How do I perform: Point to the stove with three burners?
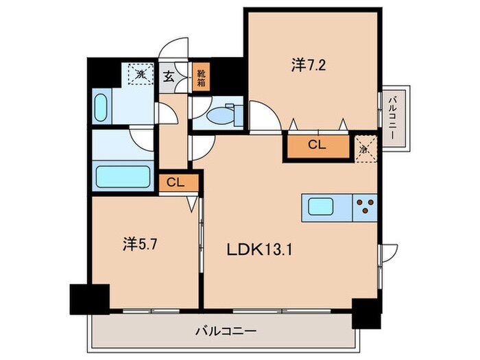click(364, 207)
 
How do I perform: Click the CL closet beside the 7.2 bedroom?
click(316, 145)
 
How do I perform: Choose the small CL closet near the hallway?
click(175, 182)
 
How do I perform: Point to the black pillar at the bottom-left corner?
click(89, 298)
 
